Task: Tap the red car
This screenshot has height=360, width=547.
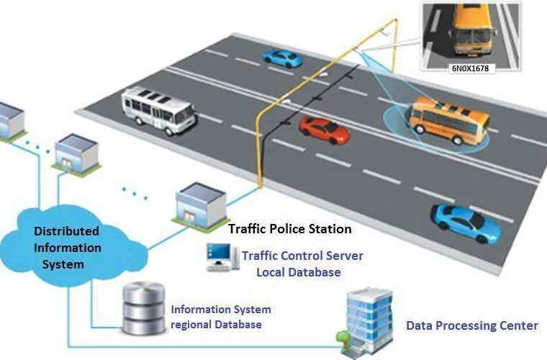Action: point(324,129)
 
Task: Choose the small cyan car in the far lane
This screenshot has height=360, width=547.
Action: point(281,58)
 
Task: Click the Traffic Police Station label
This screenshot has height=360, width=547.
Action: point(290,229)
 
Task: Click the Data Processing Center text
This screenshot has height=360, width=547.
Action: point(472,325)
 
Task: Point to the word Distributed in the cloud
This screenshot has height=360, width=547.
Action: point(67,232)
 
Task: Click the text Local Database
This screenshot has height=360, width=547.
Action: point(299,272)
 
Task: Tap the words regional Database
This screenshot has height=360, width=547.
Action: point(216,325)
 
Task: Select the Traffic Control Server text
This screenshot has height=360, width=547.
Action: point(302,256)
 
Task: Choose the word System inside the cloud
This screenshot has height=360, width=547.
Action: point(67,264)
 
